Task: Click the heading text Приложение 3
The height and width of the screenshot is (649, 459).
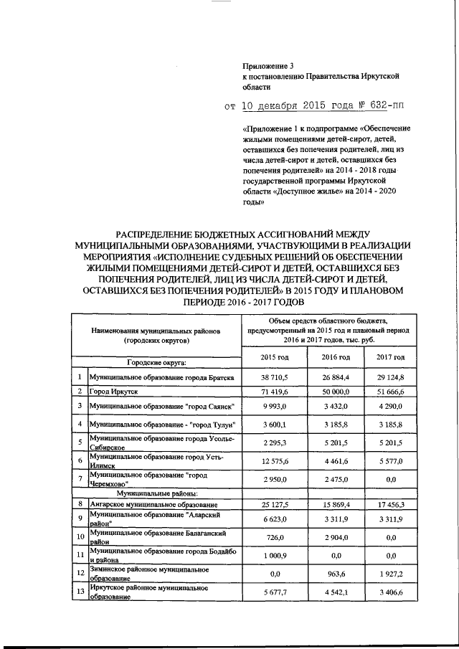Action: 265,66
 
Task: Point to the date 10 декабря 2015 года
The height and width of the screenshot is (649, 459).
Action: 293,106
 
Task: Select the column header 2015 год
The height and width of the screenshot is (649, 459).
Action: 273,356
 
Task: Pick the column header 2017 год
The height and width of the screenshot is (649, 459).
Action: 390,356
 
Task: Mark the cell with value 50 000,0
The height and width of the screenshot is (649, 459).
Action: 336,391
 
